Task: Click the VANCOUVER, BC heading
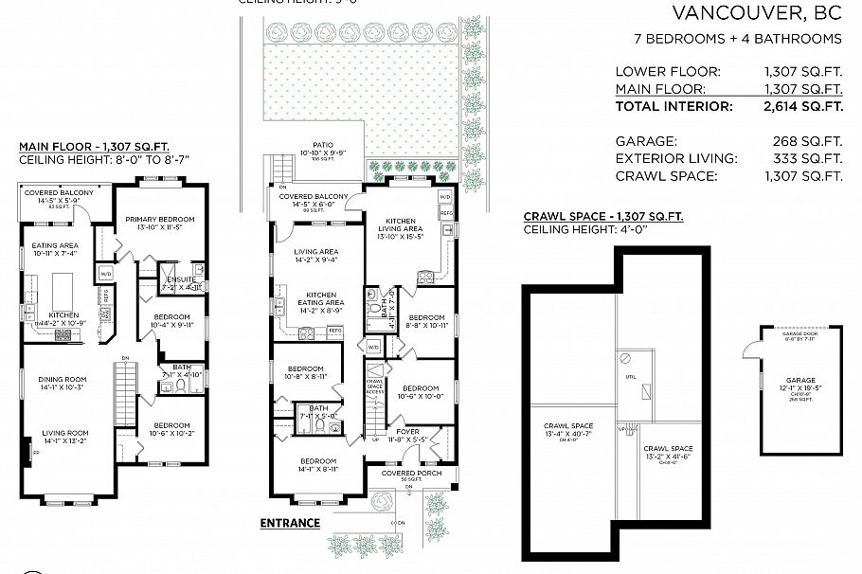(756, 13)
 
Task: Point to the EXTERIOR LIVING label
(675, 158)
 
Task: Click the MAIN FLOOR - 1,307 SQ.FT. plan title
(94, 147)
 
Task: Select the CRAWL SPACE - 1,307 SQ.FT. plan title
(602, 217)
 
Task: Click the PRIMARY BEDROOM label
(160, 220)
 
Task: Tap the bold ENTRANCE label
(290, 523)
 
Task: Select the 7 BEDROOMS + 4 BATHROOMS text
(737, 39)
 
